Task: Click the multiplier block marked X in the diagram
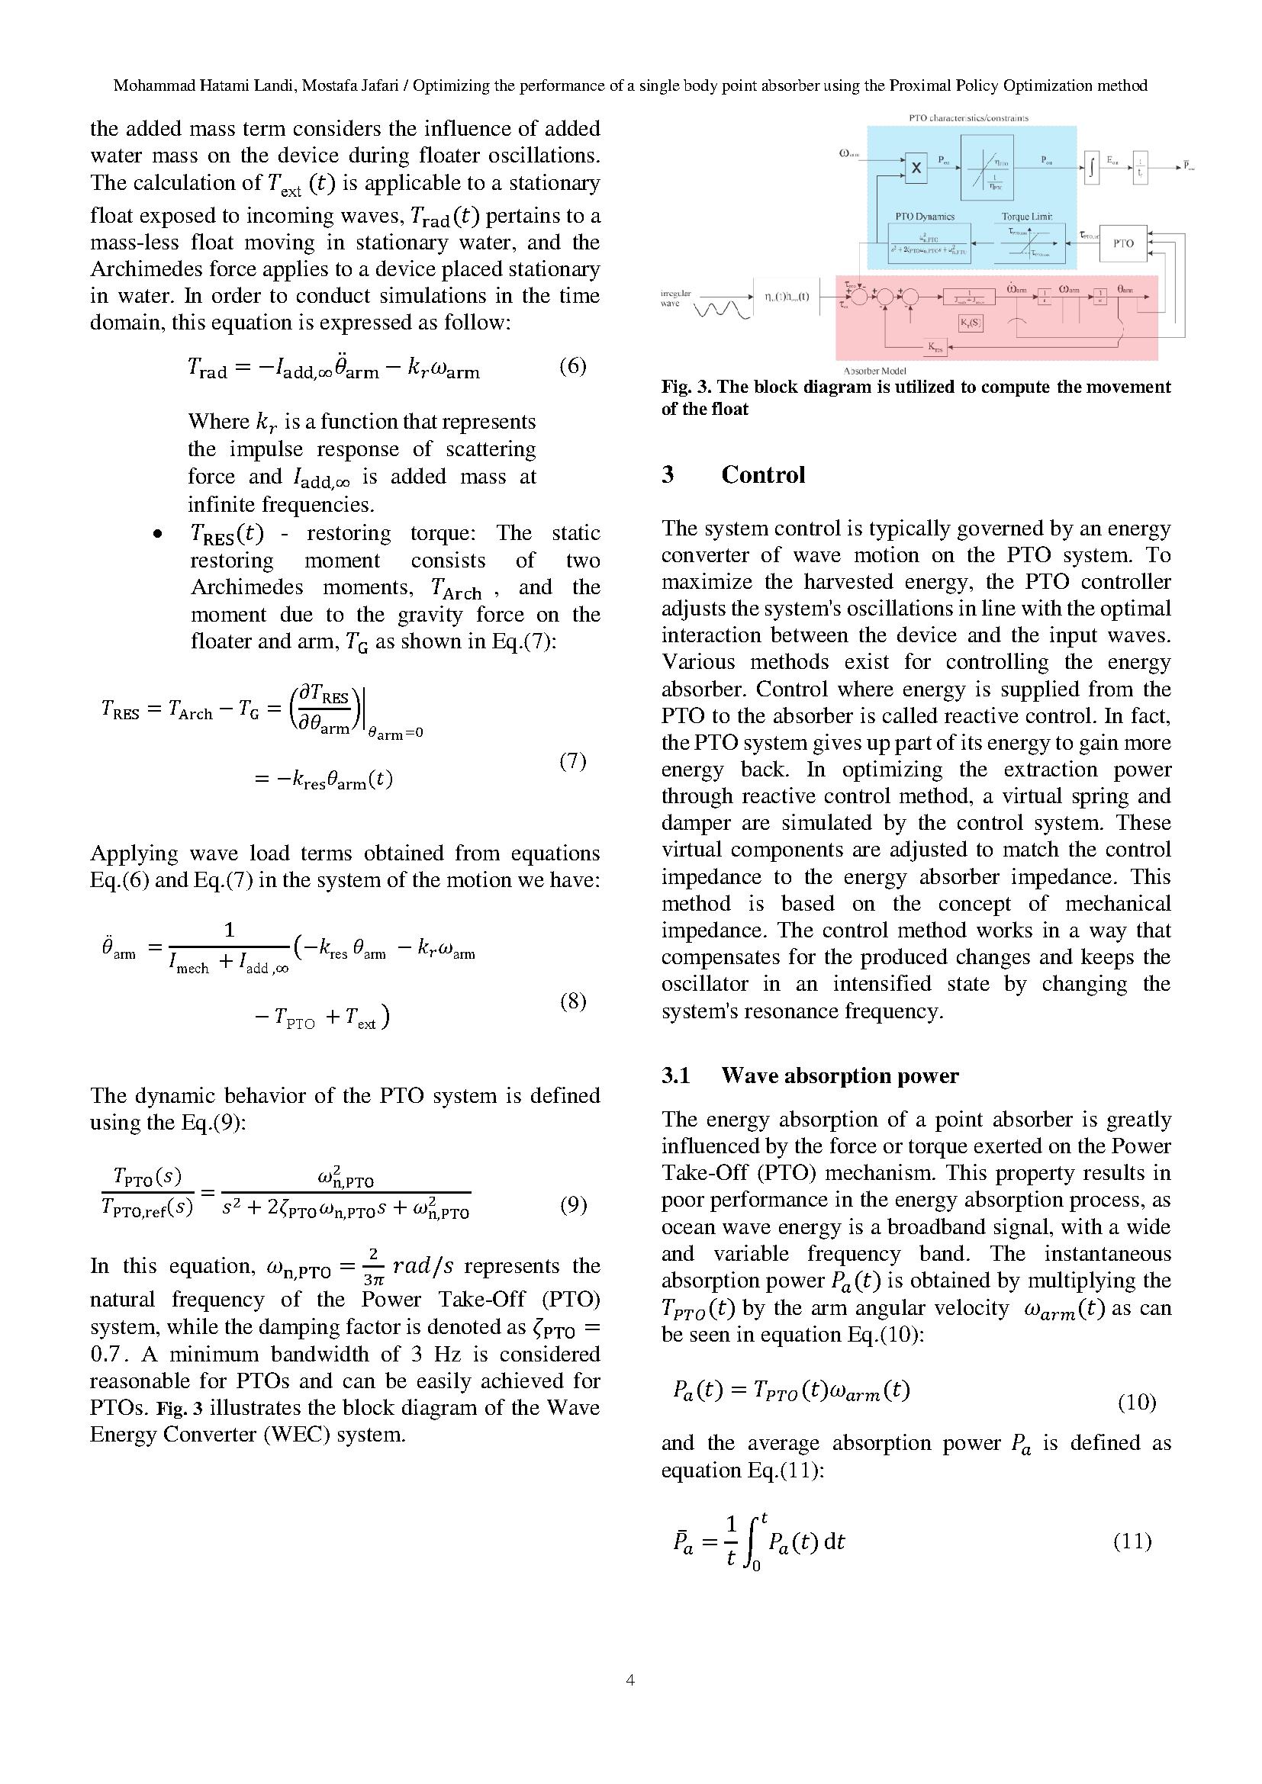(916, 168)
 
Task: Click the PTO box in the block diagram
(1123, 243)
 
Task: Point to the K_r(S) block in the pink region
(970, 322)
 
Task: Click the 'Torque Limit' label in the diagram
(1026, 217)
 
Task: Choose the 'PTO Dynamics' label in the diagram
(925, 217)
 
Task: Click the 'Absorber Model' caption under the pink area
(874, 371)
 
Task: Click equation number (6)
(573, 366)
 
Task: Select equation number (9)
(573, 1205)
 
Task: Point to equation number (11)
(1132, 1541)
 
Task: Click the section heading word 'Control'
(763, 474)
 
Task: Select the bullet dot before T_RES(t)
(159, 535)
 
